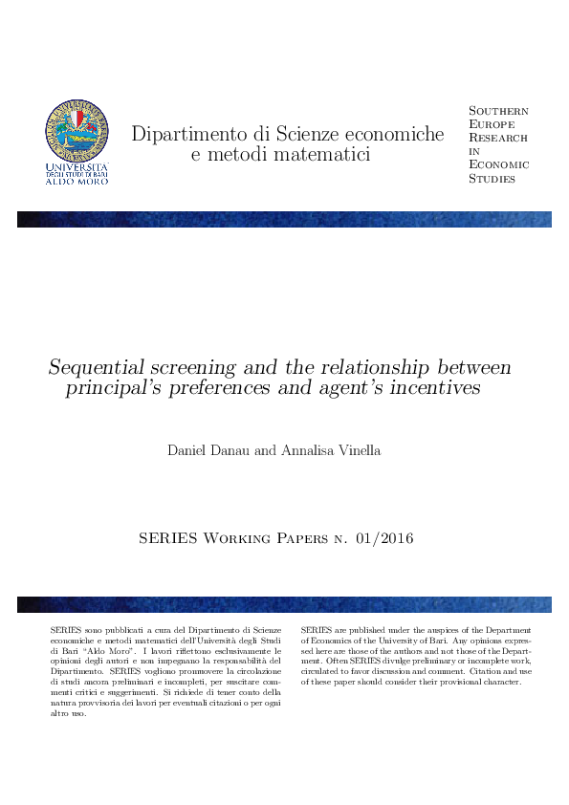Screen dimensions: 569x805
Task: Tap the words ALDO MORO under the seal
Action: click(77, 182)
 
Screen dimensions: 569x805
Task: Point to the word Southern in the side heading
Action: click(498, 111)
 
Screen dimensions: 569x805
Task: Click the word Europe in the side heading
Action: click(492, 124)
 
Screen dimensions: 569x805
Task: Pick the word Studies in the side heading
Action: click(492, 179)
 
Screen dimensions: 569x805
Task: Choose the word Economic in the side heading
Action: click(497, 164)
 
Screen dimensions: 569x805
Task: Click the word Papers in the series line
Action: click(303, 539)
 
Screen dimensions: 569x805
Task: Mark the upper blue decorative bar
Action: click(284, 219)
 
